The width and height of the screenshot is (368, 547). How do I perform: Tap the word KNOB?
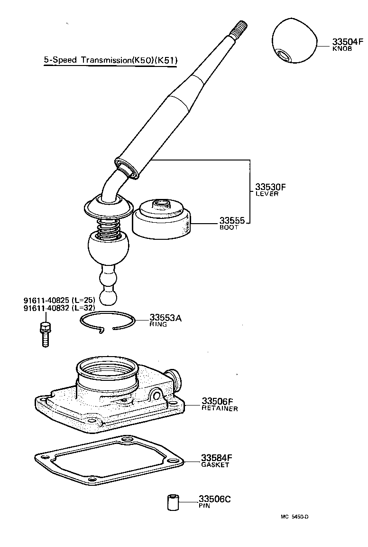coord(342,49)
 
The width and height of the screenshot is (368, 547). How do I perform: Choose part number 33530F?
coord(271,187)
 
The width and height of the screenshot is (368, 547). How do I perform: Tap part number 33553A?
coord(166,318)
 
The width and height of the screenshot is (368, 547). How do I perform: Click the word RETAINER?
coord(220,408)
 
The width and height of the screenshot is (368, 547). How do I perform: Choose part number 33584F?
coord(216,458)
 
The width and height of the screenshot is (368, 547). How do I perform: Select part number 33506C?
coord(215,499)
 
